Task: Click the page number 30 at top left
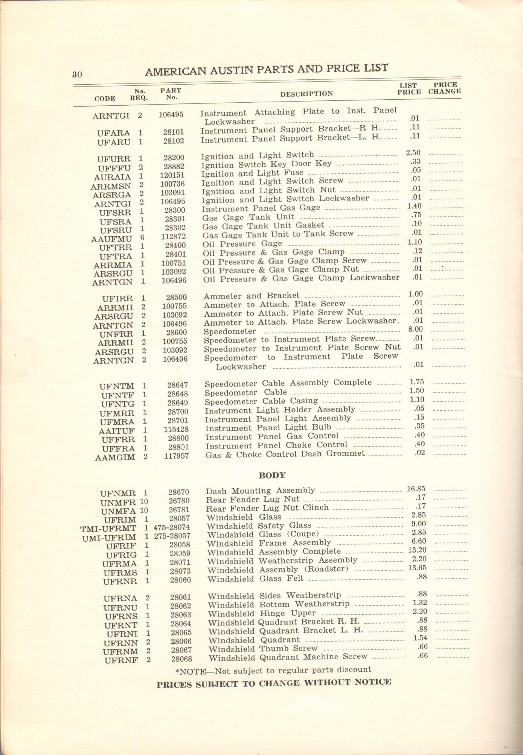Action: [x=77, y=74]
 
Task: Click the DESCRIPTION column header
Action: [x=306, y=94]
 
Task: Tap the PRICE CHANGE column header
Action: [x=444, y=88]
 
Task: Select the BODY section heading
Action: [x=272, y=475]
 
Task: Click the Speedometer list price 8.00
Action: [x=415, y=329]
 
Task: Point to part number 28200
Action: [x=174, y=158]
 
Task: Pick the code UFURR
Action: [x=114, y=159]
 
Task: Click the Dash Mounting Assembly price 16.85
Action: [x=416, y=489]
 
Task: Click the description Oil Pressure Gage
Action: [x=242, y=244]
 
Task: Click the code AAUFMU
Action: [x=111, y=239]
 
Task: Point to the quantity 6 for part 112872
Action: [x=142, y=237]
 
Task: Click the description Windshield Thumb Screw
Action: [x=263, y=649]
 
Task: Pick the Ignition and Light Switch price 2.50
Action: [x=413, y=153]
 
